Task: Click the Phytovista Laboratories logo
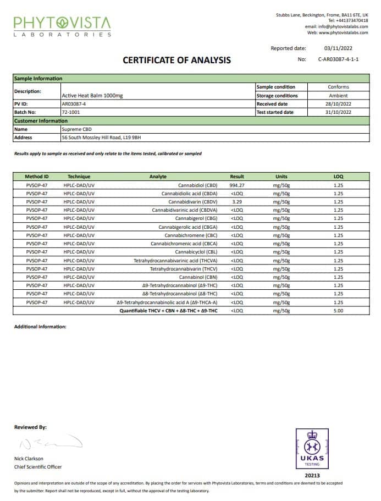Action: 62,26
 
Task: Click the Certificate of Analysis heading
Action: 176,60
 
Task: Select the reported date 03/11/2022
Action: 337,48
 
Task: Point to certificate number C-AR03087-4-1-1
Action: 338,59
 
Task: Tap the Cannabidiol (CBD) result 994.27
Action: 237,185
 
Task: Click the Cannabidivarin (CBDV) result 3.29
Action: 237,202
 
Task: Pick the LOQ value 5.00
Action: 338,311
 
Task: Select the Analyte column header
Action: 158,177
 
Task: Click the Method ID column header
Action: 37,177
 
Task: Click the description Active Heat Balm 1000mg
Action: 92,96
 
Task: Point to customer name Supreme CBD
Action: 77,129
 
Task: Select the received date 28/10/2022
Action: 338,104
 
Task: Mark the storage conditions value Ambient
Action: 338,96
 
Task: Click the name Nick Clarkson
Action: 29,458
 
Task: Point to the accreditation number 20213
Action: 312,475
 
